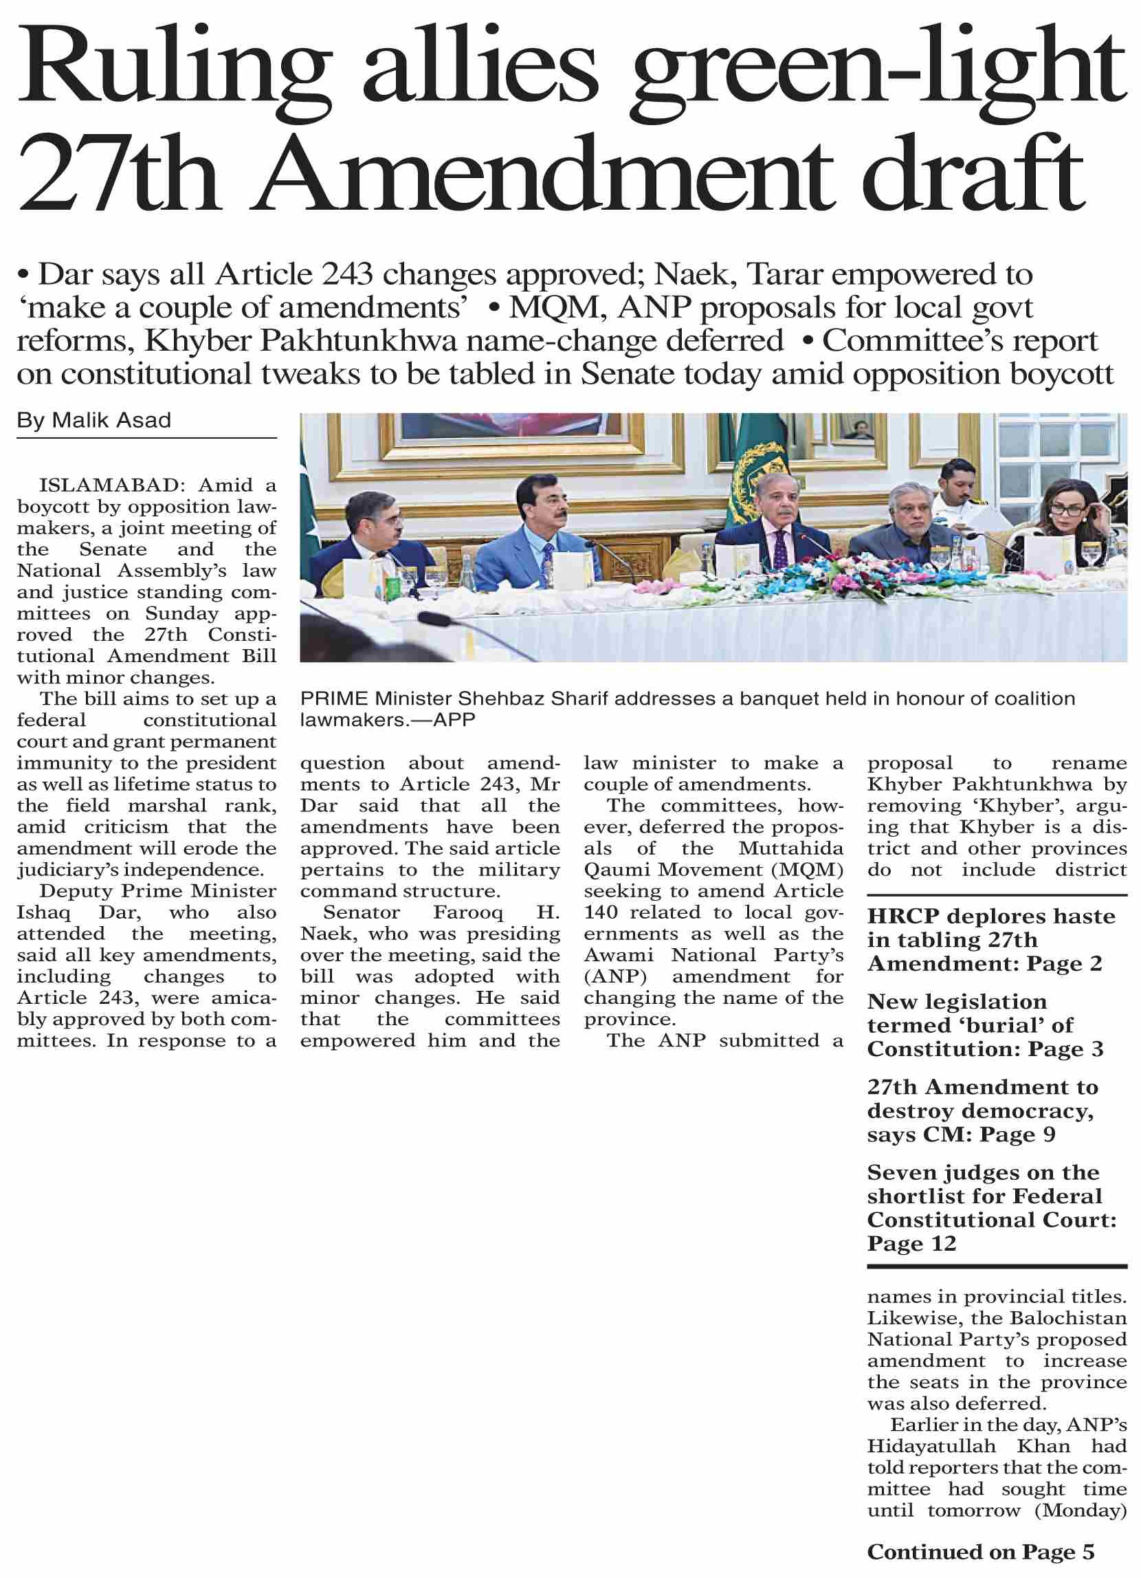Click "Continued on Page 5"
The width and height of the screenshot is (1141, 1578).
[x=980, y=1552]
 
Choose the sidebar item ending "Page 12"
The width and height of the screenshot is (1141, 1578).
[x=911, y=1243]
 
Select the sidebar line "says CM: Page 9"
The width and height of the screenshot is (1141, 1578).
[x=961, y=1135]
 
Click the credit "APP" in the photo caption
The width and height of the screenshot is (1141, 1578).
[x=454, y=719]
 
